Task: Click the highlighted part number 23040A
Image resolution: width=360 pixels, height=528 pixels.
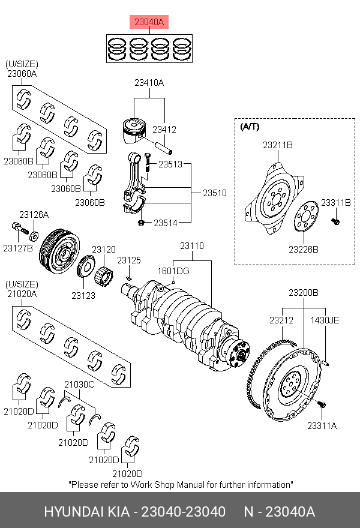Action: [x=149, y=23]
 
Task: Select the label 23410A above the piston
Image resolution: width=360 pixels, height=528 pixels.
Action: [x=149, y=83]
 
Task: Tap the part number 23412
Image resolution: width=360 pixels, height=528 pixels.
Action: [x=164, y=129]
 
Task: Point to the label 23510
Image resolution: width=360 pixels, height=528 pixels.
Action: [x=214, y=193]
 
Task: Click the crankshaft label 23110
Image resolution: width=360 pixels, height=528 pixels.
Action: [x=193, y=246]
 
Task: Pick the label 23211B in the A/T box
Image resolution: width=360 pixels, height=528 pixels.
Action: [x=277, y=145]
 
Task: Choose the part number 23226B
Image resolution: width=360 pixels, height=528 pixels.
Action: [x=303, y=249]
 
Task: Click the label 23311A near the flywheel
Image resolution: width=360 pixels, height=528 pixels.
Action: [x=322, y=425]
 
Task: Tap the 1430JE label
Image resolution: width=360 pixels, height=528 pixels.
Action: [x=325, y=320]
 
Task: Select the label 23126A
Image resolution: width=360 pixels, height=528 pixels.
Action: [x=34, y=214]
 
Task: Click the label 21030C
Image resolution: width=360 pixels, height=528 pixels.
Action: [x=79, y=384]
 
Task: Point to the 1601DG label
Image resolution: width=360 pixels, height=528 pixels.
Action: [x=174, y=271]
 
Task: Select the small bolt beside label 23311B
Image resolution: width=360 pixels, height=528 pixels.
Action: [x=336, y=222]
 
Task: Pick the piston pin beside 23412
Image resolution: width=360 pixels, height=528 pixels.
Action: [x=163, y=146]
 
